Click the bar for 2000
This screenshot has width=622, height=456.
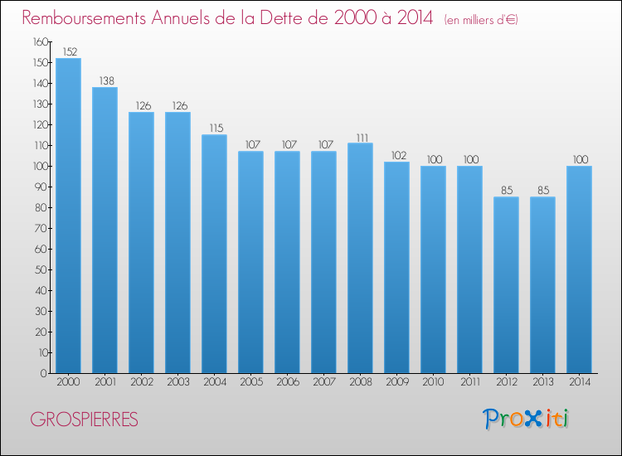coord(68,216)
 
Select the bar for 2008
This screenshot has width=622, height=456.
coord(360,258)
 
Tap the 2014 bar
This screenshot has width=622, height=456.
coord(579,269)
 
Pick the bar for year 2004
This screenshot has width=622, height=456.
coord(214,254)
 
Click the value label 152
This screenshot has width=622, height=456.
coord(70,51)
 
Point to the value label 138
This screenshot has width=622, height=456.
coord(106,81)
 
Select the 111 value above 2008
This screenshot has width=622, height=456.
coord(362,138)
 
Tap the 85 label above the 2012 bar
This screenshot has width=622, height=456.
coord(507,191)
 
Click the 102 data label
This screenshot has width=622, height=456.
coord(399,155)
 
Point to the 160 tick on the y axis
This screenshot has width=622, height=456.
coord(41,41)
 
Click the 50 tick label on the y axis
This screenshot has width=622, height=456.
coord(41,269)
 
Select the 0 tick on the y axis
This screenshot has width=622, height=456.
coord(44,373)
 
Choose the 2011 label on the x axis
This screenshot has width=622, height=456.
coord(470,382)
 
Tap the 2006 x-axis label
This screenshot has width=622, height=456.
coord(288,382)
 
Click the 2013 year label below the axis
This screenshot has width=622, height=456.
coord(543,382)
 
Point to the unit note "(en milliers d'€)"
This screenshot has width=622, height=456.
coord(481,20)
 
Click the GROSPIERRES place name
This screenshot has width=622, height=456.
coord(84,420)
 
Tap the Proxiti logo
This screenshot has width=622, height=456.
coord(526,419)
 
